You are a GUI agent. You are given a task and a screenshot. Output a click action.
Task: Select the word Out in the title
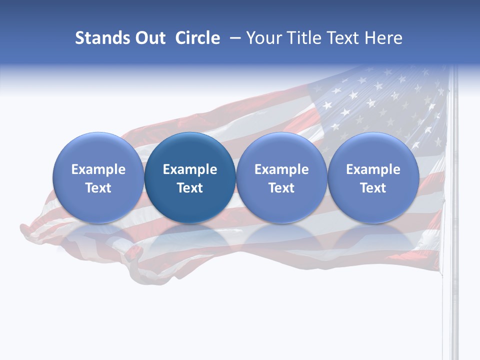150,38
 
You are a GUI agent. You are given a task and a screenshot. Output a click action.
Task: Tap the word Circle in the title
197,38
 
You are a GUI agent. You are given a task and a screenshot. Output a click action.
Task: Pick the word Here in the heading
383,38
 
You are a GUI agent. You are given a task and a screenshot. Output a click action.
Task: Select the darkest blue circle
190,177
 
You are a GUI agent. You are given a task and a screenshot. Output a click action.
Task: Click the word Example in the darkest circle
190,169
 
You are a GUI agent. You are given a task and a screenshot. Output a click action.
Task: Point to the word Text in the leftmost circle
98,188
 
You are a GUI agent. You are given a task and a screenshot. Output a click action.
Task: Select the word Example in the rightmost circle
373,169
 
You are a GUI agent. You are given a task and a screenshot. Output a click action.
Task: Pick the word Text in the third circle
281,188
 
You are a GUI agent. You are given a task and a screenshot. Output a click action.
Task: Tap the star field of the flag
380,110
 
